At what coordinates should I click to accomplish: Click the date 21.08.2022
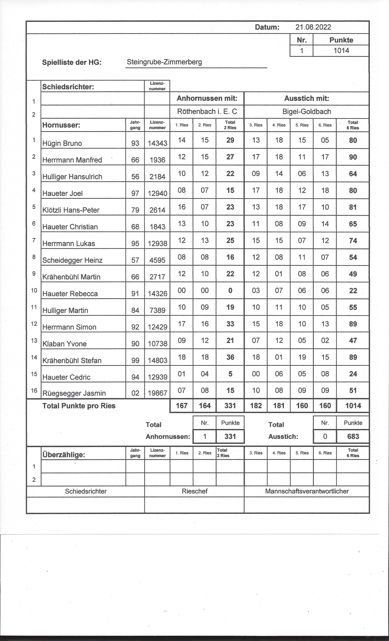(313, 27)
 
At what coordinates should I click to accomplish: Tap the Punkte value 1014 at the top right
(341, 50)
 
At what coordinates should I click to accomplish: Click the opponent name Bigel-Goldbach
(307, 112)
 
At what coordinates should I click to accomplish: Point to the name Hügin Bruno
(62, 143)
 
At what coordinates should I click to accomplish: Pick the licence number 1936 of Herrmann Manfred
(157, 160)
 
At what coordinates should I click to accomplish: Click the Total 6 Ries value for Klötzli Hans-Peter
(353, 207)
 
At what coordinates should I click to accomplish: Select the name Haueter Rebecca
(70, 294)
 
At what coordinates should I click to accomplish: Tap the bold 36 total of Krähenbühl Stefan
(230, 357)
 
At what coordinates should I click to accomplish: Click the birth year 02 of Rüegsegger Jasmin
(135, 393)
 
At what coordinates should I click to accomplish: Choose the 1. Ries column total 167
(181, 406)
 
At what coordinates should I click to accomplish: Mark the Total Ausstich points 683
(353, 436)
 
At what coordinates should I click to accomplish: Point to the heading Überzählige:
(63, 455)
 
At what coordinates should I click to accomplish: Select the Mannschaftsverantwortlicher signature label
(307, 491)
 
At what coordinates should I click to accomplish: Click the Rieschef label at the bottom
(194, 491)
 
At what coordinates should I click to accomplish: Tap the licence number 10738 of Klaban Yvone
(157, 344)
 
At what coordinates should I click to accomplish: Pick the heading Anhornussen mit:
(207, 98)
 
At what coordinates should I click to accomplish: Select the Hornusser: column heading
(61, 125)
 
